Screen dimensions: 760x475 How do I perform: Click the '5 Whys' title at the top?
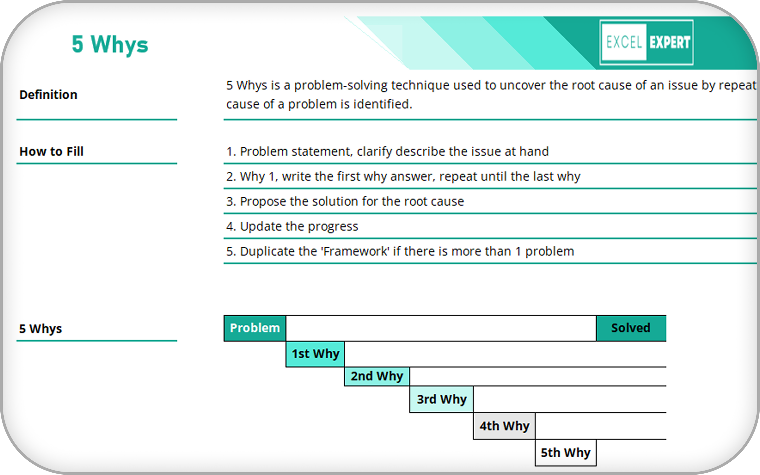coord(110,44)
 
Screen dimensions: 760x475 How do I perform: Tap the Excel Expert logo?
coord(646,42)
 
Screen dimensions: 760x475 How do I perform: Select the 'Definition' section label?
coord(48,95)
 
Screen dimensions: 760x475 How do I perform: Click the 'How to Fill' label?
coord(51,151)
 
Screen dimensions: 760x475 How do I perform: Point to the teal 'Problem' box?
coord(255,328)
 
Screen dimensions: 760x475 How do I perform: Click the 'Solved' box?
coord(631,328)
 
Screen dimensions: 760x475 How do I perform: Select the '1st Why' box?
coord(315,354)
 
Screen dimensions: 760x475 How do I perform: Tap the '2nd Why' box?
coord(377,376)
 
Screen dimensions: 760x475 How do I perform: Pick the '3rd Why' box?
coord(442,399)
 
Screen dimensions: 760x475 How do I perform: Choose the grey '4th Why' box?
coord(504,426)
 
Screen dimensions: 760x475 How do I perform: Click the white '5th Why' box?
coord(566,453)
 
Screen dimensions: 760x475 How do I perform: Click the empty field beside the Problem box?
coord(441,328)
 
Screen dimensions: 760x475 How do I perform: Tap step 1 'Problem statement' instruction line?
coord(387,151)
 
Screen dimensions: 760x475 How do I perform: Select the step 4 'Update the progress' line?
coord(292,226)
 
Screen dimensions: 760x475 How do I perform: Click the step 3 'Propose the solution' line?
coord(345,201)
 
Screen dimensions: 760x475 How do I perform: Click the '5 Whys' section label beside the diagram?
coord(40,329)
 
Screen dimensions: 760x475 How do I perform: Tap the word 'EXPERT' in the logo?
coord(670,43)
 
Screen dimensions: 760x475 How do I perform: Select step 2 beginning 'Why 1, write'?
coord(403,177)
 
